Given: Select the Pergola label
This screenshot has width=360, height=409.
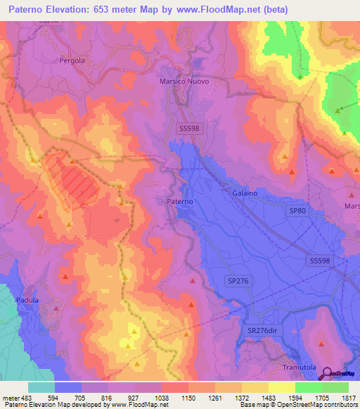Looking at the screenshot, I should (x=72, y=60).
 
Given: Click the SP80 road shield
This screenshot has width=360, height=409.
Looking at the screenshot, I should (x=297, y=210).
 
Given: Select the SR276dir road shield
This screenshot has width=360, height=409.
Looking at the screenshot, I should (x=262, y=330).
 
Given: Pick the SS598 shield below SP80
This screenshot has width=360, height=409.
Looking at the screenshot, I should (x=320, y=261).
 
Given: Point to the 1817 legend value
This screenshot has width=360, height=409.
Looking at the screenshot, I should (x=349, y=397).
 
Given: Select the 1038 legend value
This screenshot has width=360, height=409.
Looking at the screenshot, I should (x=162, y=397).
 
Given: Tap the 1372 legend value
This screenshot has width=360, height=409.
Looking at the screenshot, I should (x=242, y=397).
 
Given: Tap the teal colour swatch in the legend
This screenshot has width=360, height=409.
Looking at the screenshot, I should (x=41, y=387).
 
